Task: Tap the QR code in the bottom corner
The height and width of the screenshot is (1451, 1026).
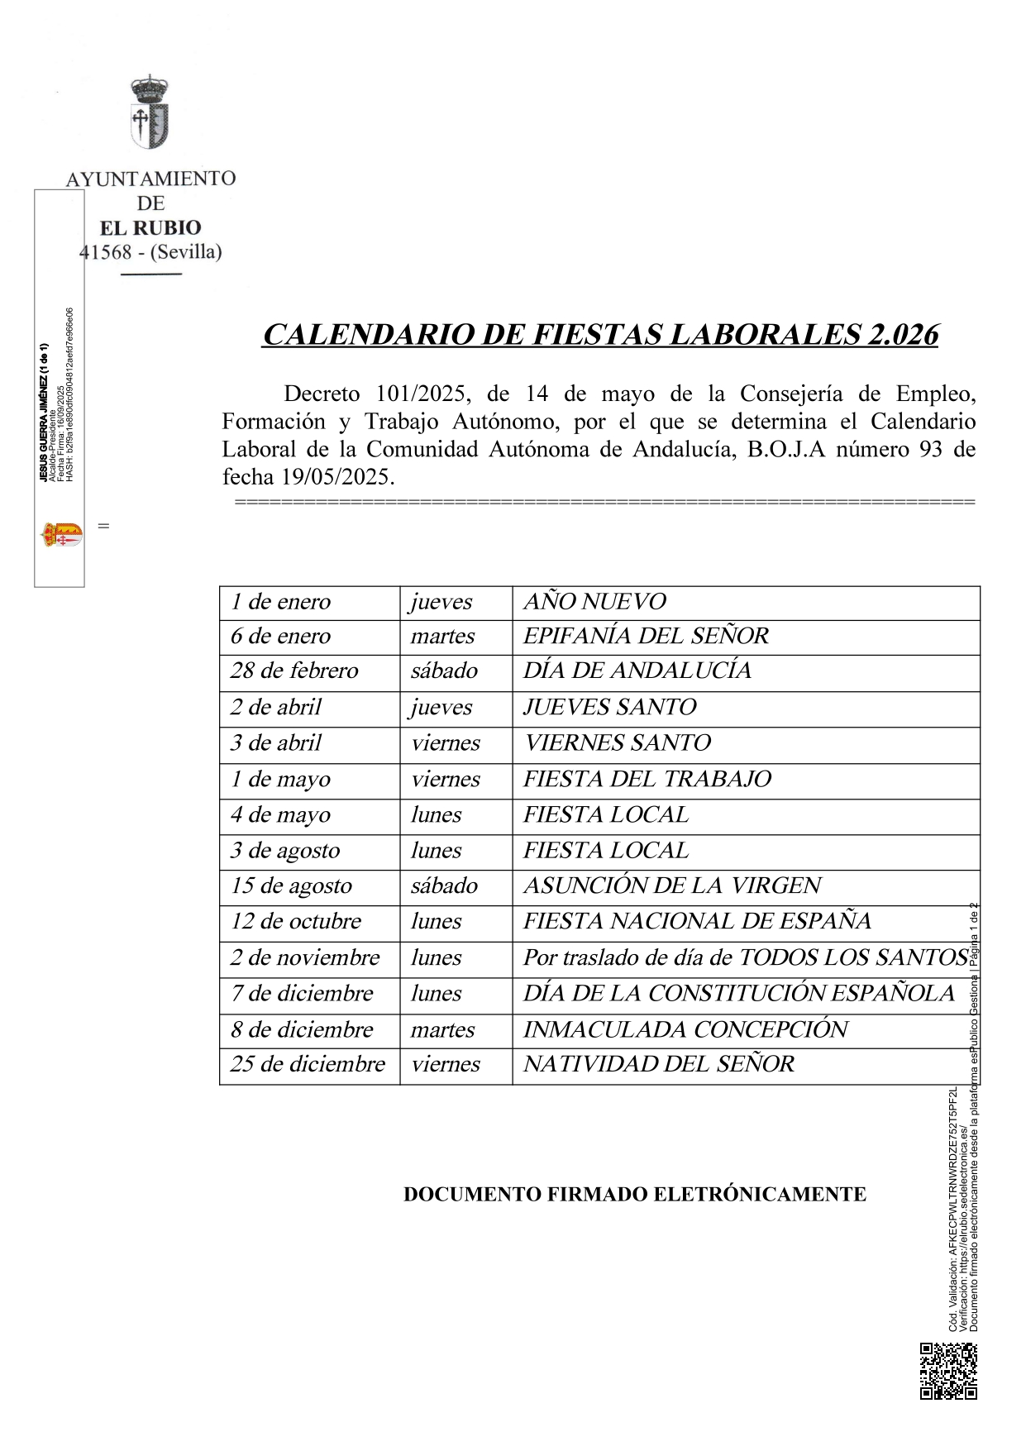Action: (x=948, y=1370)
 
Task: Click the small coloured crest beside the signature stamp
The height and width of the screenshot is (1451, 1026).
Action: (x=62, y=534)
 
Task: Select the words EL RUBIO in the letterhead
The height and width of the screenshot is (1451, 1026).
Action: (x=150, y=227)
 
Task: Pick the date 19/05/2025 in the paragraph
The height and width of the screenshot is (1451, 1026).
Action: (x=336, y=477)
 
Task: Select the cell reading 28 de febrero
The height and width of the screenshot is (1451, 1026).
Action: (x=294, y=670)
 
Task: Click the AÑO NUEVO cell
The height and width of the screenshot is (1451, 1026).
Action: (x=594, y=601)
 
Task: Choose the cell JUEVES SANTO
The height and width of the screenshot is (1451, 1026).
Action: (x=609, y=707)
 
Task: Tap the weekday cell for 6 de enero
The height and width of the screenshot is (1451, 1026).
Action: (x=442, y=636)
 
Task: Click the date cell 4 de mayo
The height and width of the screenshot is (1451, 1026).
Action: (x=280, y=814)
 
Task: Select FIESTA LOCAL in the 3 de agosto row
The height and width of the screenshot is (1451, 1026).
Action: (x=605, y=850)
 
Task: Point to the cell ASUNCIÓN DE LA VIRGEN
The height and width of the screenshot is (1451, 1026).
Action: (x=672, y=885)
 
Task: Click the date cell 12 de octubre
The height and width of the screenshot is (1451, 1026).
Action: (x=296, y=921)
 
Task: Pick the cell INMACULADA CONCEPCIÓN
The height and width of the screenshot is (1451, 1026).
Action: (x=685, y=1029)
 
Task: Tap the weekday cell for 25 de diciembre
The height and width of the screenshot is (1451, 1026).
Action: (x=445, y=1064)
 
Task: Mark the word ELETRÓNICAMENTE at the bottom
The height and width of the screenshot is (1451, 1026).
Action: (x=760, y=1195)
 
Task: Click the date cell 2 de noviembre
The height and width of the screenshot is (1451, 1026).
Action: (x=305, y=957)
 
